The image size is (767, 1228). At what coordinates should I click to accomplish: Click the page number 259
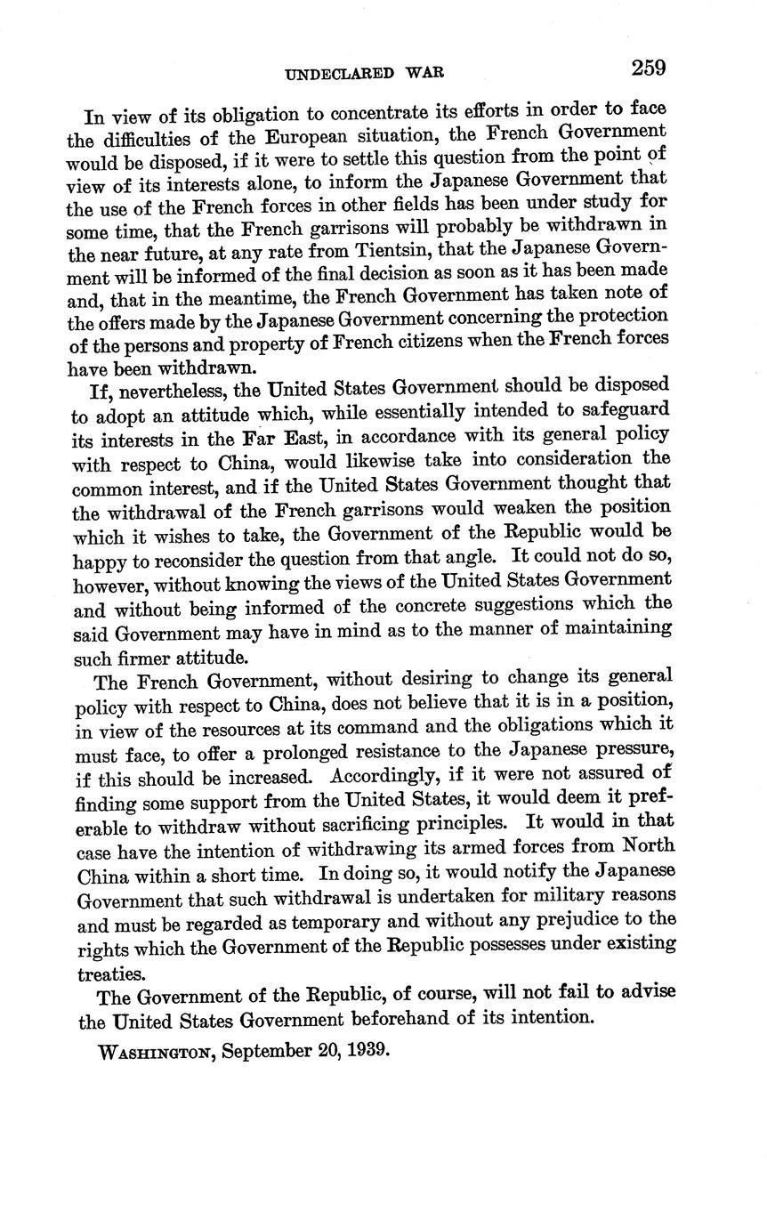point(649,69)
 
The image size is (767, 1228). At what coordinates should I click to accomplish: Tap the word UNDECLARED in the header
point(339,75)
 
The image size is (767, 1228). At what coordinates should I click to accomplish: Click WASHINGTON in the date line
point(155,1051)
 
